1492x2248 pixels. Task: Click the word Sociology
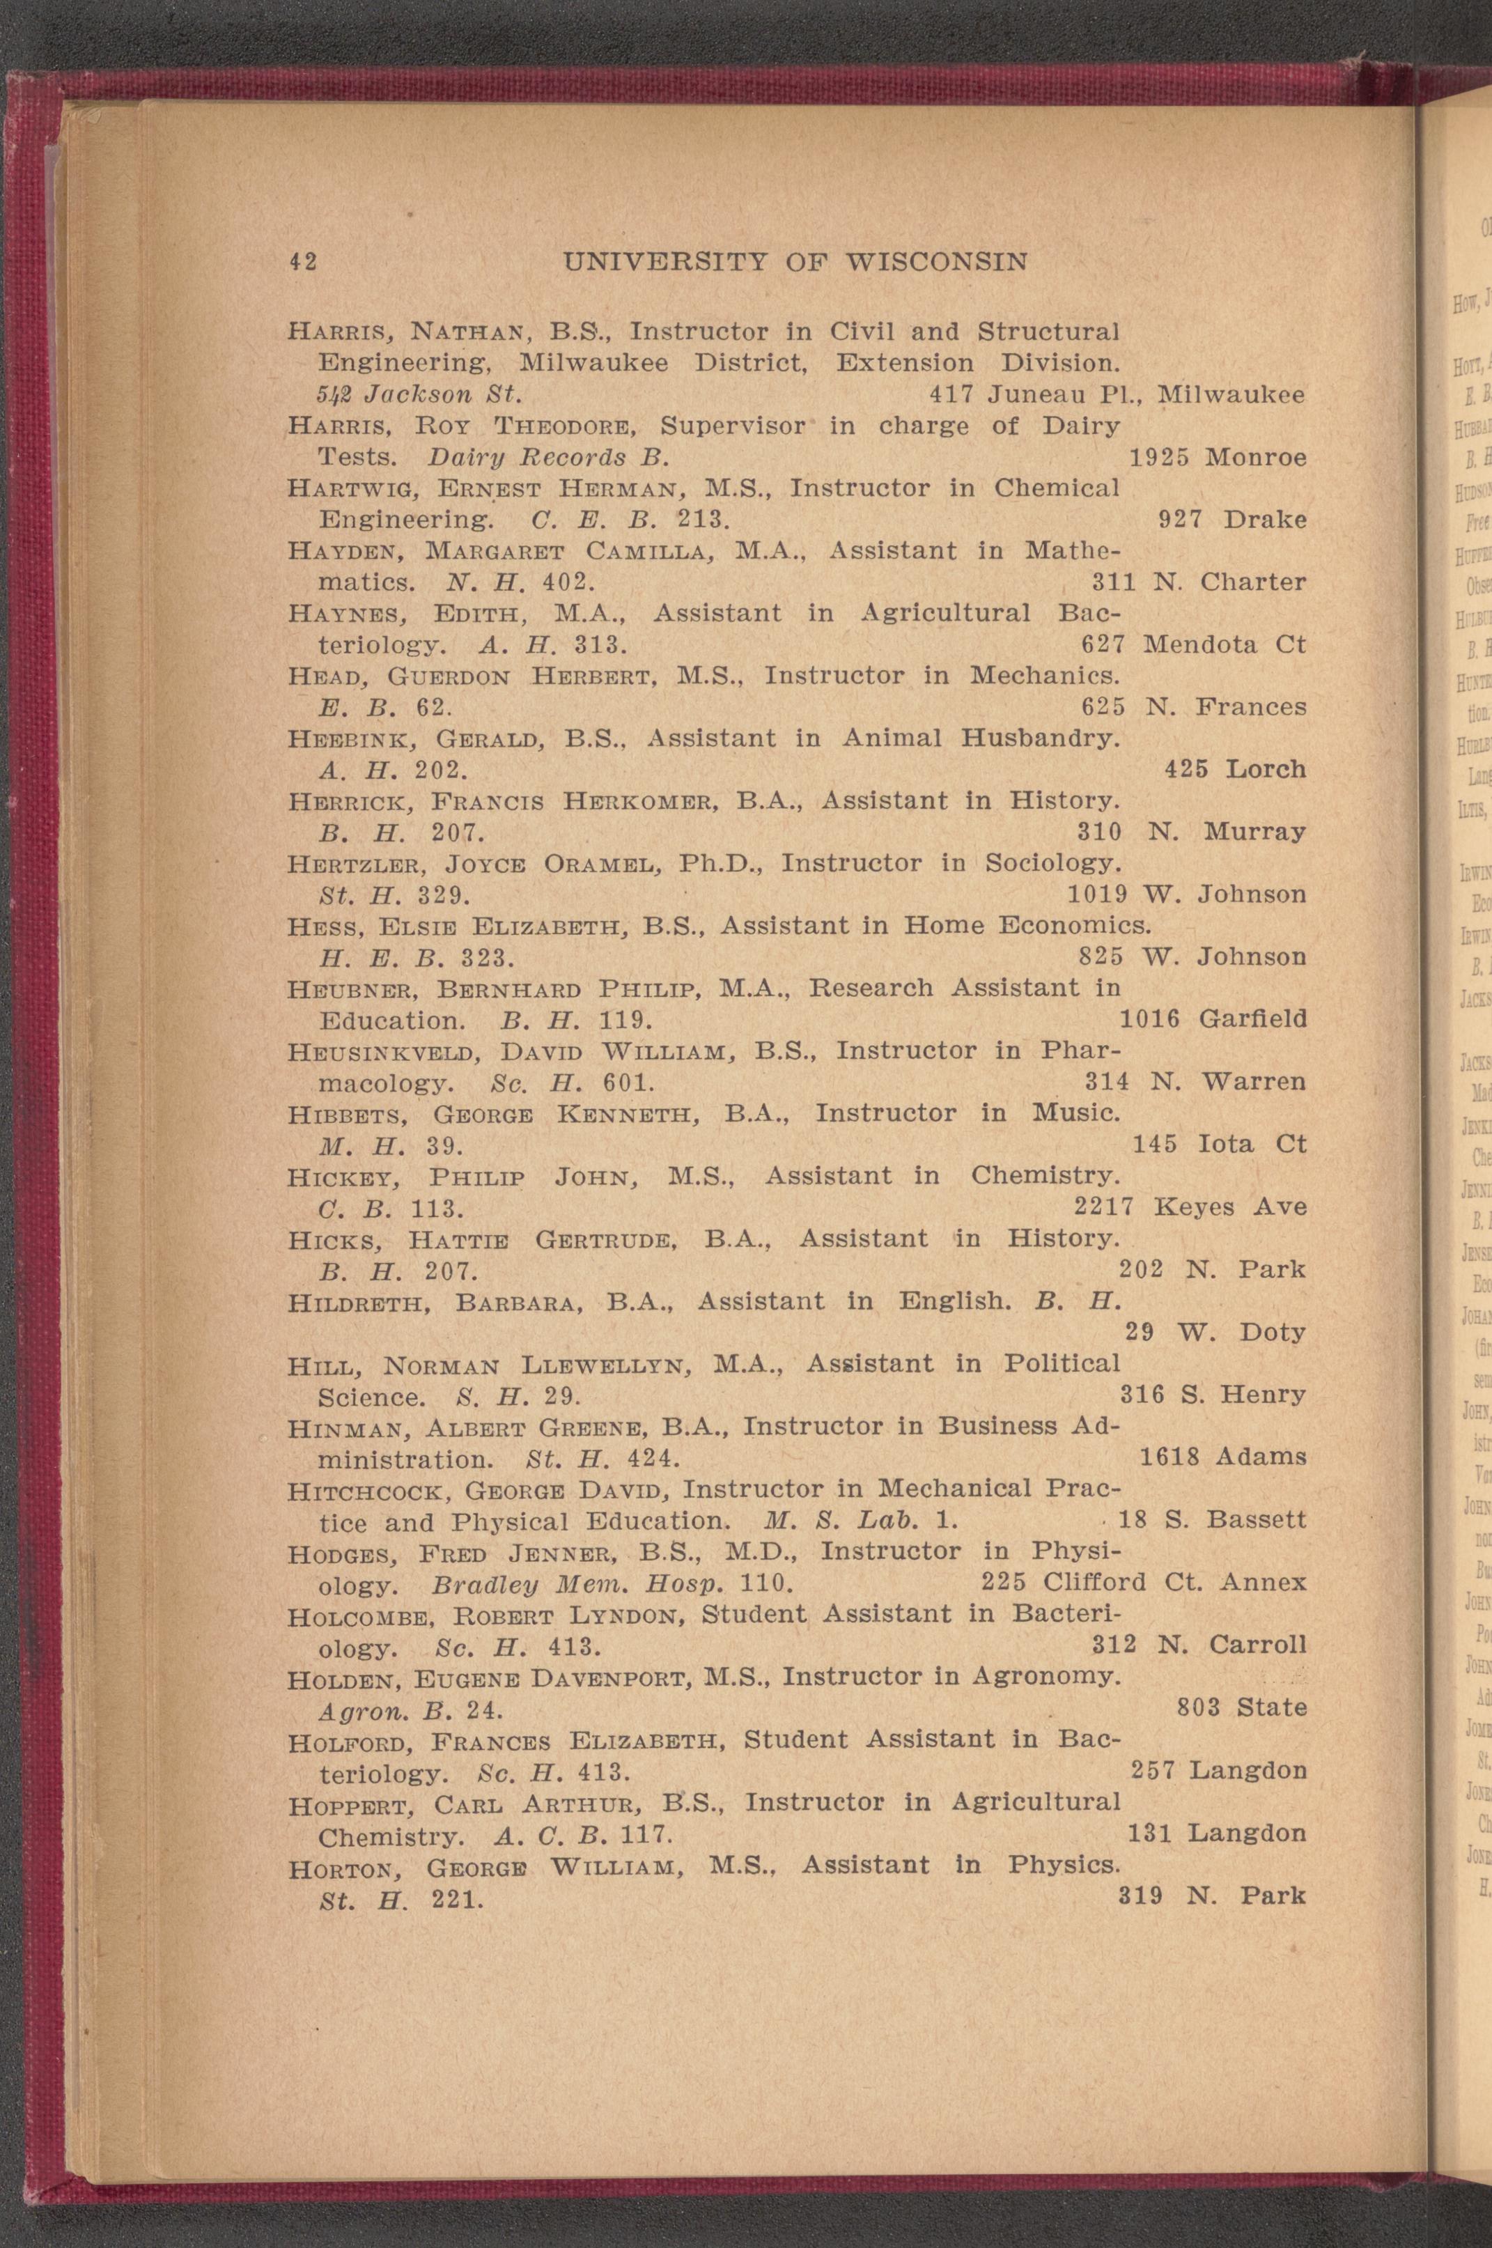[1052, 864]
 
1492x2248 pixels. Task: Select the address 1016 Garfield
[1212, 1019]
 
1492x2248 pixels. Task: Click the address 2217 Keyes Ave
[1190, 1207]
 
